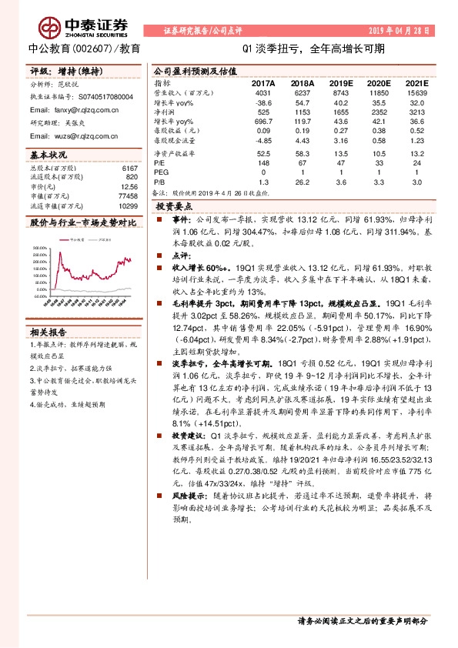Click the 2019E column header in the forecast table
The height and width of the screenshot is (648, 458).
click(339, 83)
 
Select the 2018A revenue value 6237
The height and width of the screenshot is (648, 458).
click(303, 92)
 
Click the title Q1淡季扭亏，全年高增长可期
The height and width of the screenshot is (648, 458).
click(313, 48)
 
